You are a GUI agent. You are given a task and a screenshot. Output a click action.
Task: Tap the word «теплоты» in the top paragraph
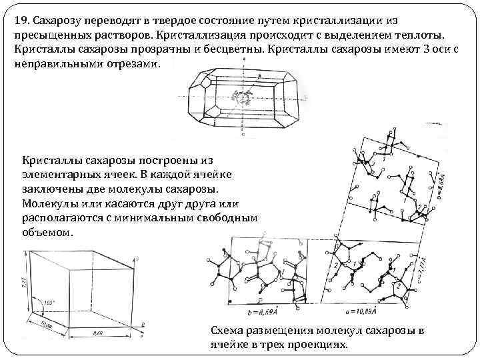click(x=428, y=35)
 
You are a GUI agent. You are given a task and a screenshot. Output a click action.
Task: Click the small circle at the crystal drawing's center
click(x=242, y=98)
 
